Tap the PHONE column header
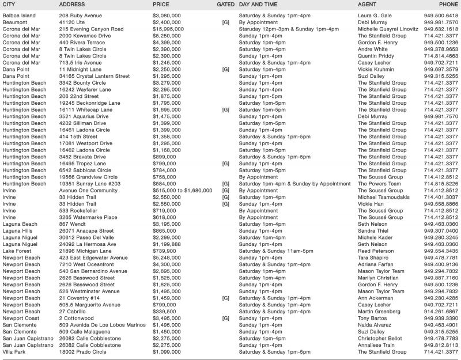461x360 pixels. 449,5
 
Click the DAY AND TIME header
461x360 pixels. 259,5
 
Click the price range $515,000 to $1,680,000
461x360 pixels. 187,190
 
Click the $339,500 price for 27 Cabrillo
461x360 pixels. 164,311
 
